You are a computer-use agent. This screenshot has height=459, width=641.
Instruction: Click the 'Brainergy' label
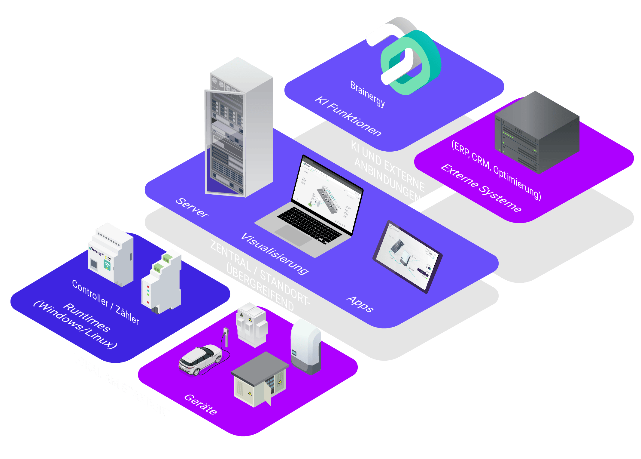tap(367, 94)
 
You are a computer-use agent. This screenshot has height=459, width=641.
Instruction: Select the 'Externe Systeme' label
tap(481, 188)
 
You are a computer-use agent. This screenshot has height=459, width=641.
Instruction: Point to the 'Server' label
tap(192, 207)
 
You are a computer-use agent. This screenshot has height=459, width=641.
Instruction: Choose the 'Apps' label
tap(360, 304)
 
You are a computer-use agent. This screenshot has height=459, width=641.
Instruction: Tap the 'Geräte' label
tap(200, 404)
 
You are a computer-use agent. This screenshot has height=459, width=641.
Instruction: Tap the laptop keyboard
tap(309, 224)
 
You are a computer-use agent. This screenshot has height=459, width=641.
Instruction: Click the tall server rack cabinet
tap(239, 129)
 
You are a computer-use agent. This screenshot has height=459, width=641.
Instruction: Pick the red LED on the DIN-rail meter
tap(148, 302)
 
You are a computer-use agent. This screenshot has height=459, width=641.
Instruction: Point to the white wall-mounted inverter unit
tap(306, 346)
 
